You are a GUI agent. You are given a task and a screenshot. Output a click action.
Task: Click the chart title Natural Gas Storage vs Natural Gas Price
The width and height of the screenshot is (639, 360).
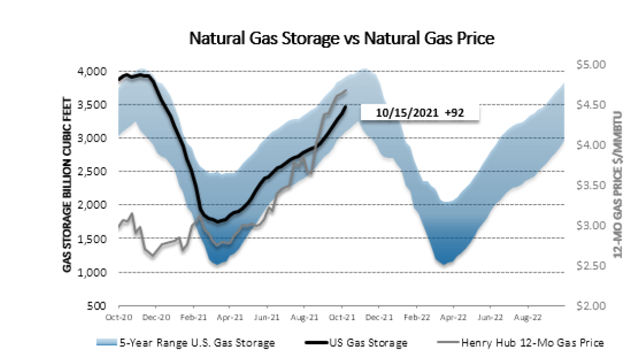(x=342, y=39)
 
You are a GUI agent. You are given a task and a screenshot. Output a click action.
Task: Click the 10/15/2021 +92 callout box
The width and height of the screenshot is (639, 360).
(x=420, y=112)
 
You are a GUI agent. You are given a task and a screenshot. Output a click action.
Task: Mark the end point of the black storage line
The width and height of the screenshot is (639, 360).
(x=346, y=105)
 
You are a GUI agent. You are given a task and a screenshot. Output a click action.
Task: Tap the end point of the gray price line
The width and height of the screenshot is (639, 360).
(x=346, y=91)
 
